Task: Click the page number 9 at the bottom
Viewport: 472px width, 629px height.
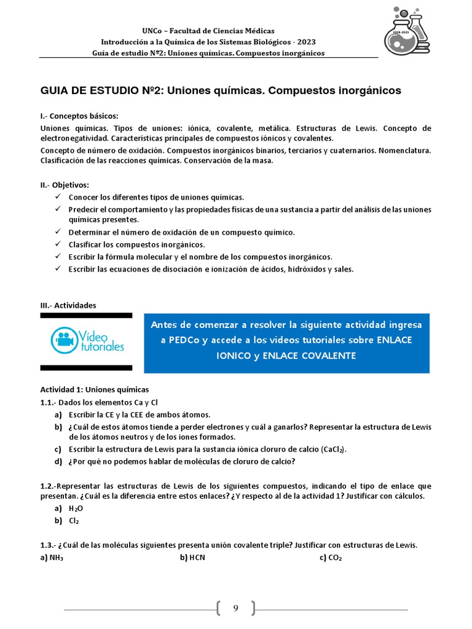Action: click(235, 608)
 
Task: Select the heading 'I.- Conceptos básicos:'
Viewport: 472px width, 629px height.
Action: click(79, 116)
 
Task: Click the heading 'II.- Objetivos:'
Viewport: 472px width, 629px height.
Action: click(65, 185)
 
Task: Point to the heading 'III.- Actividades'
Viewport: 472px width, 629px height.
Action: click(68, 305)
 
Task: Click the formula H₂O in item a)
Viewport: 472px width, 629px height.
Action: click(75, 509)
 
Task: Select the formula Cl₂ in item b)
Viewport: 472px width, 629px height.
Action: click(74, 521)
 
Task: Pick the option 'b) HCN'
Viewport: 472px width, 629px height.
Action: click(192, 558)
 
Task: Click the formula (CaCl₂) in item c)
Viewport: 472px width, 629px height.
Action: click(329, 449)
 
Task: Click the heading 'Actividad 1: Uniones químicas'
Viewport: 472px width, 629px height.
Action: click(95, 389)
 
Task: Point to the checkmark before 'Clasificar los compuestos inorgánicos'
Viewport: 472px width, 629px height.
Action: click(57, 244)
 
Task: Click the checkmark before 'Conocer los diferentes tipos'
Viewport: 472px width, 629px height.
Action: click(57, 197)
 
